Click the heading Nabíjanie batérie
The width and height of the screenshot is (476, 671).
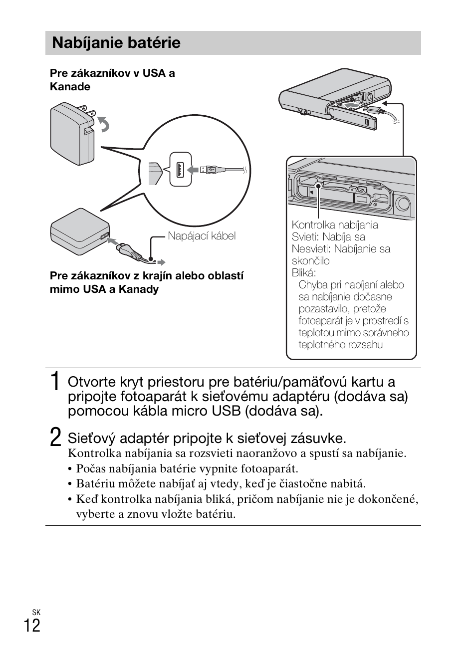coord(116,43)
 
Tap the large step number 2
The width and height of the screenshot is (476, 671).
coord(56,438)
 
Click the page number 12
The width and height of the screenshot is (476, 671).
coord(31,625)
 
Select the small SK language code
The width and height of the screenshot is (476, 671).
coord(36,612)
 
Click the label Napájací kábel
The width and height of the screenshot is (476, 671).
coord(202,236)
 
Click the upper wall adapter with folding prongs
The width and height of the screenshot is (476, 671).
coord(72,133)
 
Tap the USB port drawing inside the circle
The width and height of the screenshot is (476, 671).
coord(180,169)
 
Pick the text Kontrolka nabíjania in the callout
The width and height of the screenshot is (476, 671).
coord(335,225)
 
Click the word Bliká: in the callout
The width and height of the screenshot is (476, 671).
coord(303,273)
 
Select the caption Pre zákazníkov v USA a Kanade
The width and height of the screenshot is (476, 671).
coord(112,80)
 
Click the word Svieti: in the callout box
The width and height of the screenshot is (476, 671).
coord(305,237)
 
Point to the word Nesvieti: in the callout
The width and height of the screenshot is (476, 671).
coord(311,249)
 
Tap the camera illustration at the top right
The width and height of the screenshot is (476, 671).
coord(334,100)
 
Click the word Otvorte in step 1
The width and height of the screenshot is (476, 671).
coord(90,382)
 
